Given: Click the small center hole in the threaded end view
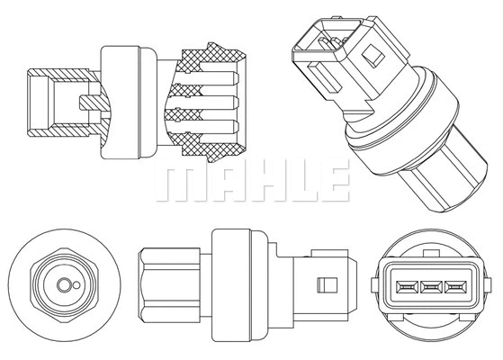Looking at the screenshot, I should pyautogui.click(x=63, y=285).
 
